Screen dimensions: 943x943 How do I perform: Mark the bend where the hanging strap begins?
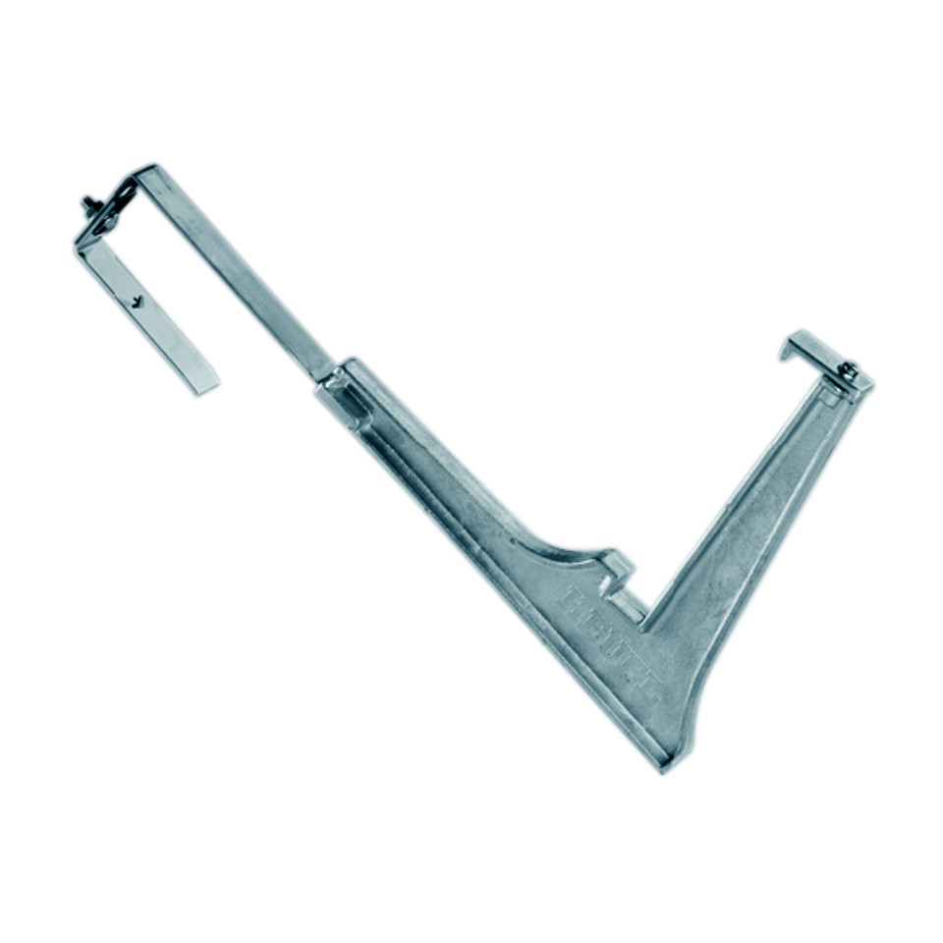pyautogui.click(x=86, y=245)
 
